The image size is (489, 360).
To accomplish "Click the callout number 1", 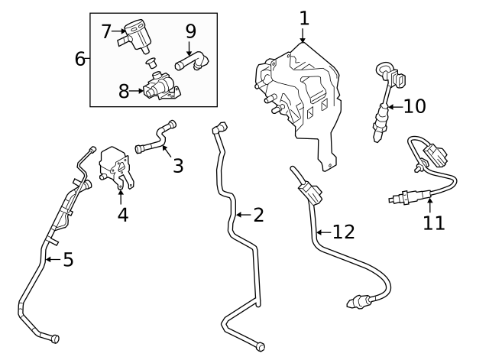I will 304,16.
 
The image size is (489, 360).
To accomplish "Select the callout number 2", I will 258,215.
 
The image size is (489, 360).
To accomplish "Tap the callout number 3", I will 177,164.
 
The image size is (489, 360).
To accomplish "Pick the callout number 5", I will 68,260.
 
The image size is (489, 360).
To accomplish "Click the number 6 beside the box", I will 80,58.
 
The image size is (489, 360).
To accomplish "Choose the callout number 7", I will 107,31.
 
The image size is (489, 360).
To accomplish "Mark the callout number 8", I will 125,92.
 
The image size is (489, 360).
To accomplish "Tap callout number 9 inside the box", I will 190,31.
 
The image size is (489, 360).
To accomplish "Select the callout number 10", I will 414,105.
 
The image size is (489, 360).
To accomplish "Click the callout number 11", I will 433,222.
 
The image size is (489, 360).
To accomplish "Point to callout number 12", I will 344,232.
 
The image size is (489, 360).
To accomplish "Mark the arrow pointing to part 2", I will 242,215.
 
